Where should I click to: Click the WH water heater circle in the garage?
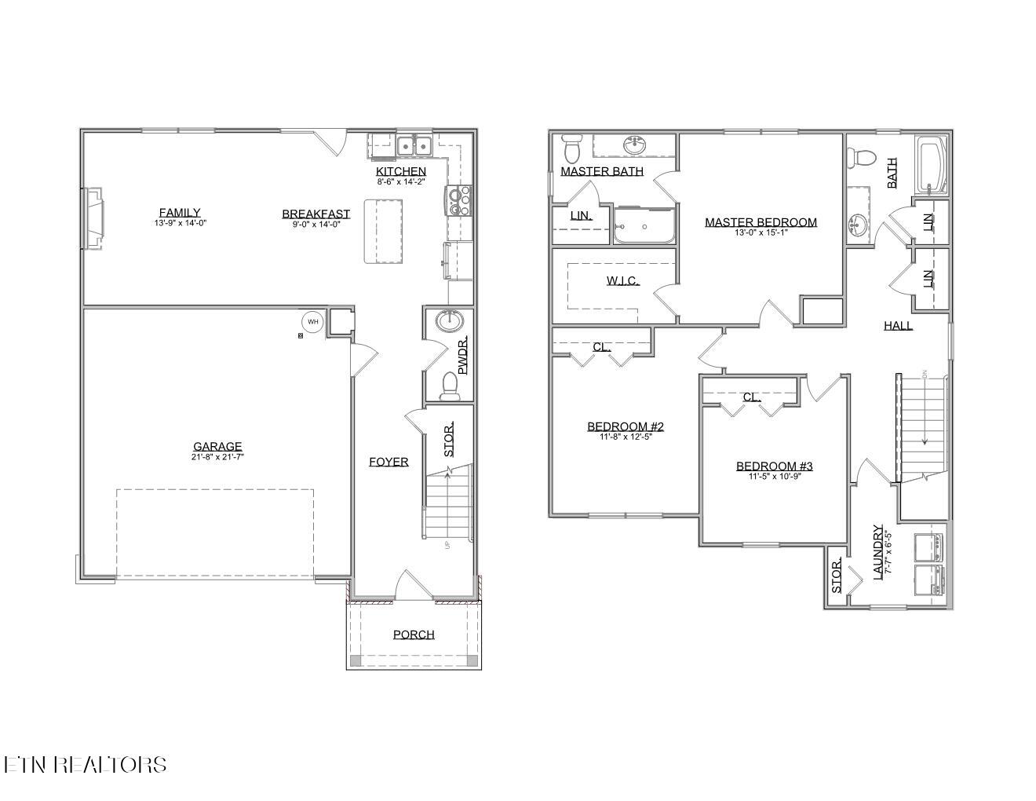coord(313,321)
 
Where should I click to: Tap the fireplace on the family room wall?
coord(93,218)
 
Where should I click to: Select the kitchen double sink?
coord(413,145)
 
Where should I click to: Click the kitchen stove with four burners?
coord(459,200)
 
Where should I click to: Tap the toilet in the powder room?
coord(450,384)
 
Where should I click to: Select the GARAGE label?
coord(217,446)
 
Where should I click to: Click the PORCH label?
coord(414,635)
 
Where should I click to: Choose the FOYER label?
coord(388,462)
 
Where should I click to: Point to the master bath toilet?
coord(571,147)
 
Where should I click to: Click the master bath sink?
coord(635,145)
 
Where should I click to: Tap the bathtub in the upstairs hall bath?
coord(932,166)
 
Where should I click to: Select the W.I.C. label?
coord(622,280)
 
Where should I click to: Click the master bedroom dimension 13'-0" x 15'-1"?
coord(761,232)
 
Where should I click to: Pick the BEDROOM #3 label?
coord(774,466)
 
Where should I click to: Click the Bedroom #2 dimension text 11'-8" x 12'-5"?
coord(626,437)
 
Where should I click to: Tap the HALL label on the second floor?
coord(898,325)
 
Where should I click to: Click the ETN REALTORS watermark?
coord(85,764)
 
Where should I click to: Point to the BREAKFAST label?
coord(316,214)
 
